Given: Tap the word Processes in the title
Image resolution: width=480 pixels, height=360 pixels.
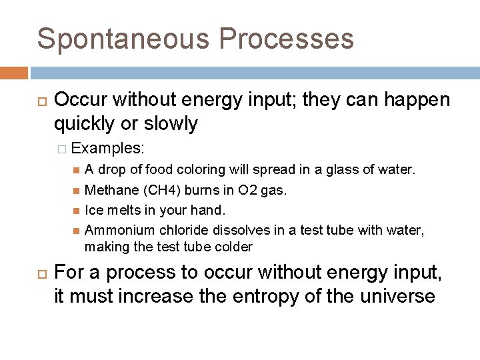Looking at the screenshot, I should coord(286,39).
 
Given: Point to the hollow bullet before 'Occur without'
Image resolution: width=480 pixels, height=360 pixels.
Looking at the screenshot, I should coord(39,101).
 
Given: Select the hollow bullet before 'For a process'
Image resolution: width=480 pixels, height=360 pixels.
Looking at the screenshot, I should coord(39,273).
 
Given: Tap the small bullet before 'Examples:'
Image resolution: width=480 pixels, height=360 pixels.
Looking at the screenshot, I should coord(62,147).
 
